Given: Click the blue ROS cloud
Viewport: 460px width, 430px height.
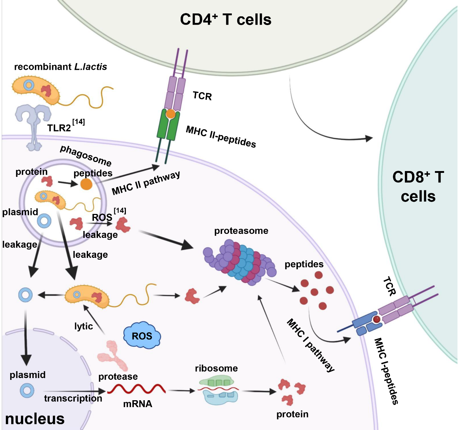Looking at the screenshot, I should [x=142, y=336].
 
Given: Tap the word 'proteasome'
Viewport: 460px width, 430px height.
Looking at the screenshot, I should [x=241, y=231].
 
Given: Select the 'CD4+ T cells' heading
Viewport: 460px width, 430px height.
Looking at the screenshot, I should [x=226, y=20].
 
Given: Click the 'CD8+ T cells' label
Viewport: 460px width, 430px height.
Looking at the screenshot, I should [x=418, y=187].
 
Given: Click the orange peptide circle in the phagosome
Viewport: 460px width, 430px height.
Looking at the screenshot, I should [x=86, y=184].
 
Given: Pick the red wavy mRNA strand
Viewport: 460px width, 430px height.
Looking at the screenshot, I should [x=136, y=390].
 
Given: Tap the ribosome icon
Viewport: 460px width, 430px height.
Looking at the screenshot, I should [x=217, y=391].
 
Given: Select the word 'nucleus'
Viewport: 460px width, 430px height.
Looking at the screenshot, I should [x=35, y=419].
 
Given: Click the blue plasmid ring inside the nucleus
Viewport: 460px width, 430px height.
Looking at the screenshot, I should [x=27, y=391].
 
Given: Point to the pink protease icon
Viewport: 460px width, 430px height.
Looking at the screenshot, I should [x=112, y=355].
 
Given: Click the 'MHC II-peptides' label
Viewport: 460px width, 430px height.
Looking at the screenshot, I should [x=221, y=137].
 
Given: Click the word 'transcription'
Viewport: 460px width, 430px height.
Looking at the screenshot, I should [x=73, y=398].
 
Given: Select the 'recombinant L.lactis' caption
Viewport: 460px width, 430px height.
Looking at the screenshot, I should [x=61, y=67].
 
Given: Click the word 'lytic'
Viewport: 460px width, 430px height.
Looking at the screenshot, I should [x=83, y=326].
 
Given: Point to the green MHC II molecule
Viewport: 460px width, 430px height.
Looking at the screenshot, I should [x=168, y=125].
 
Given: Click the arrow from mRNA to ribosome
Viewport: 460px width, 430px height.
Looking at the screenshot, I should [x=181, y=391].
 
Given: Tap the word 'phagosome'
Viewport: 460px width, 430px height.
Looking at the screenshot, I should [x=86, y=155].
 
